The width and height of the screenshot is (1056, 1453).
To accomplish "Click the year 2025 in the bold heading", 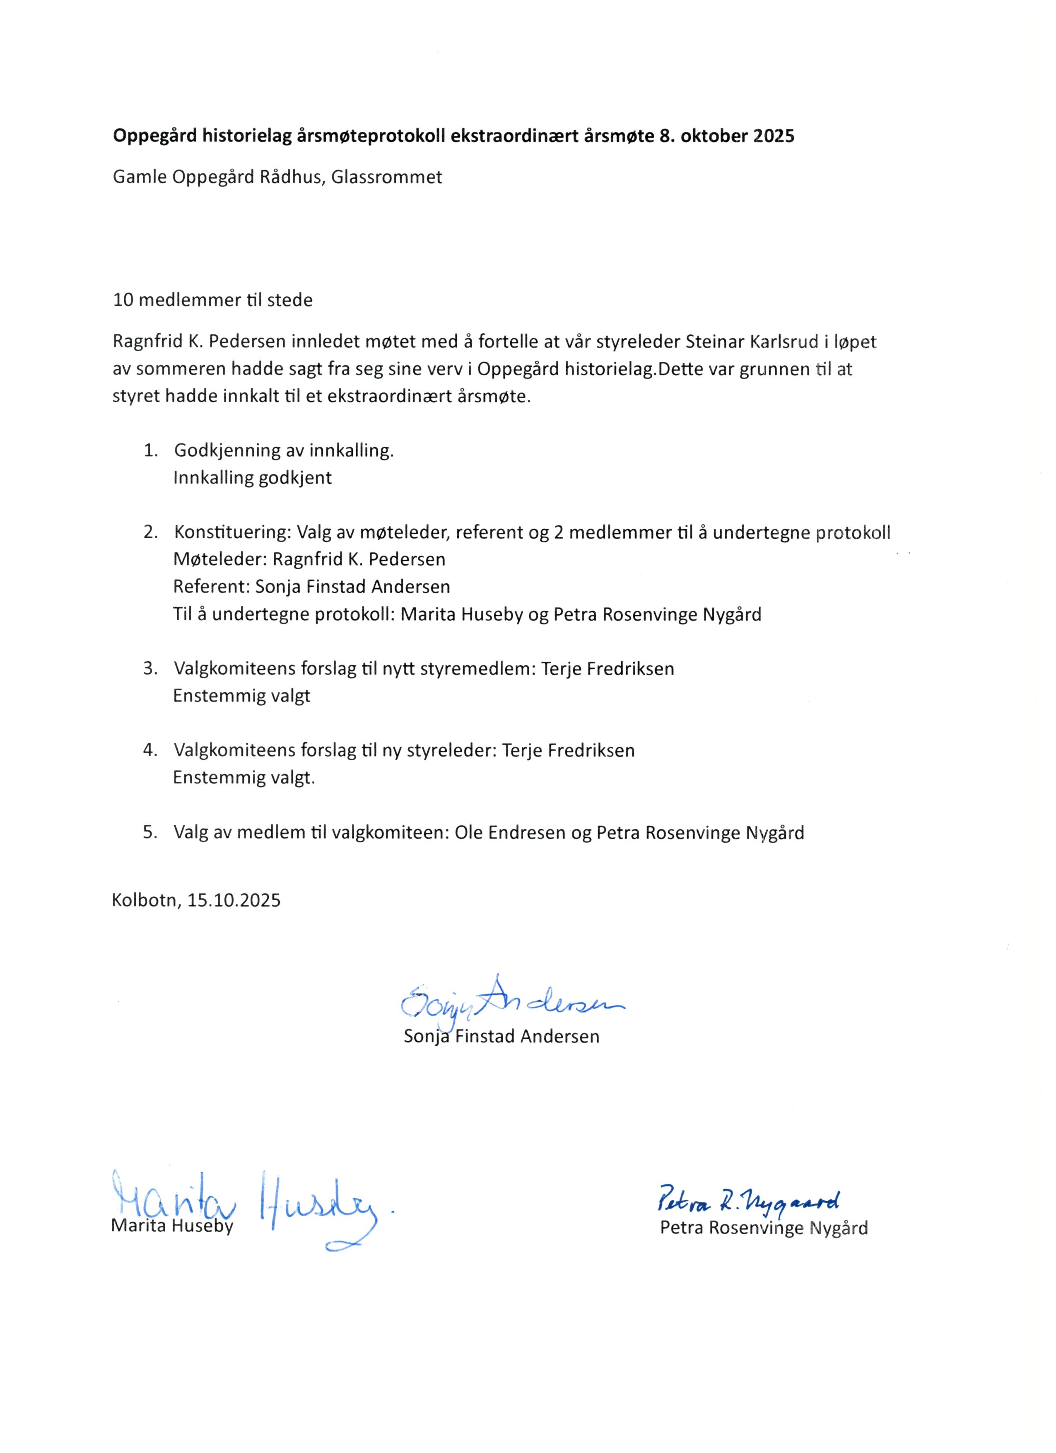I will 774,136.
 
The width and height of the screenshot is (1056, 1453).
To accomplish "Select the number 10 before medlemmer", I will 123,300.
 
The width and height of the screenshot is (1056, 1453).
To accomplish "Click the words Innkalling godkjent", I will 252,478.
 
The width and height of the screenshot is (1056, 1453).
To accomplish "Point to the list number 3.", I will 150,669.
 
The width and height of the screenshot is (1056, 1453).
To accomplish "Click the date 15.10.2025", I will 234,901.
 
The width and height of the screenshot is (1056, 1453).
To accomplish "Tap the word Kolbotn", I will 145,901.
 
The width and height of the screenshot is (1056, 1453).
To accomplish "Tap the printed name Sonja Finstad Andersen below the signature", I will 501,1037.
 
